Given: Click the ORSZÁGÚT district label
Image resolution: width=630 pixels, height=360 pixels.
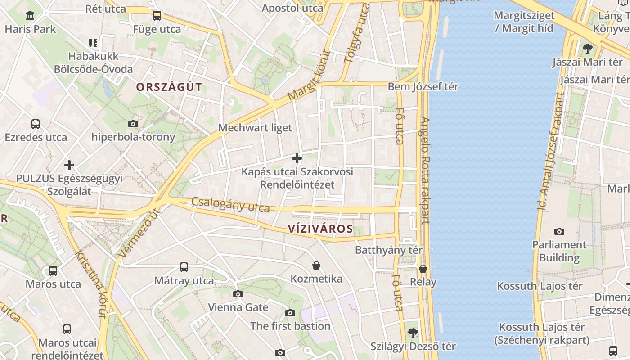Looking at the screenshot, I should (x=169, y=87).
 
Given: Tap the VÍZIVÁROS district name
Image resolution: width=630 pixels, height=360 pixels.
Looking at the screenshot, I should (x=320, y=229).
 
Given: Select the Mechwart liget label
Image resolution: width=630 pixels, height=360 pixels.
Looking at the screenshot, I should (x=255, y=128).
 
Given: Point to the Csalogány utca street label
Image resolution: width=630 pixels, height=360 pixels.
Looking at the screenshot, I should (x=230, y=205).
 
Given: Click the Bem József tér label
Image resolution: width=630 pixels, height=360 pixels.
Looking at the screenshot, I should (x=423, y=86).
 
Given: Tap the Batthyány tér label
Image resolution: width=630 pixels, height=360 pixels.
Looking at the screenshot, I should (x=389, y=250).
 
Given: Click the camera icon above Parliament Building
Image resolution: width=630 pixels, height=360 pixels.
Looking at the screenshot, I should (x=559, y=231).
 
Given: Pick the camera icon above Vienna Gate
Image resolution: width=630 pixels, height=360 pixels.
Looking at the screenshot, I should (x=238, y=294).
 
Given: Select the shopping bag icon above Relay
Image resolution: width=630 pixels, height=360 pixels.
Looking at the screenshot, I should (x=423, y=269).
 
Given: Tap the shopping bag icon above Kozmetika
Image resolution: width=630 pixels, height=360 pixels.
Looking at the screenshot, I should (x=316, y=265).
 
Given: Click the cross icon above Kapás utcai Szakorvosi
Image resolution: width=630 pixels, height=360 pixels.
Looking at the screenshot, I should (x=297, y=158).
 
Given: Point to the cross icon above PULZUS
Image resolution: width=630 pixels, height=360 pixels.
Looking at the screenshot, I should (x=69, y=165).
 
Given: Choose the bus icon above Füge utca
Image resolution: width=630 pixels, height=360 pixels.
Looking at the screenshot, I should (x=157, y=16).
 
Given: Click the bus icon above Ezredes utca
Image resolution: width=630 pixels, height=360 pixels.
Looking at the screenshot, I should (x=36, y=124).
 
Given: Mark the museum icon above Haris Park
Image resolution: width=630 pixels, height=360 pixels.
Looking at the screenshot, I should (x=30, y=16).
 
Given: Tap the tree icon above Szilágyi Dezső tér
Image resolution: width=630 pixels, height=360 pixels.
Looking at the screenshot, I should (x=413, y=333).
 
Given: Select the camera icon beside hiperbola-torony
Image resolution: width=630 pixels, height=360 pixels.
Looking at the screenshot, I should (x=133, y=124).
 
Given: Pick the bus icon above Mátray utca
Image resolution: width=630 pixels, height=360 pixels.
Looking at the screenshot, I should (x=184, y=267).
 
